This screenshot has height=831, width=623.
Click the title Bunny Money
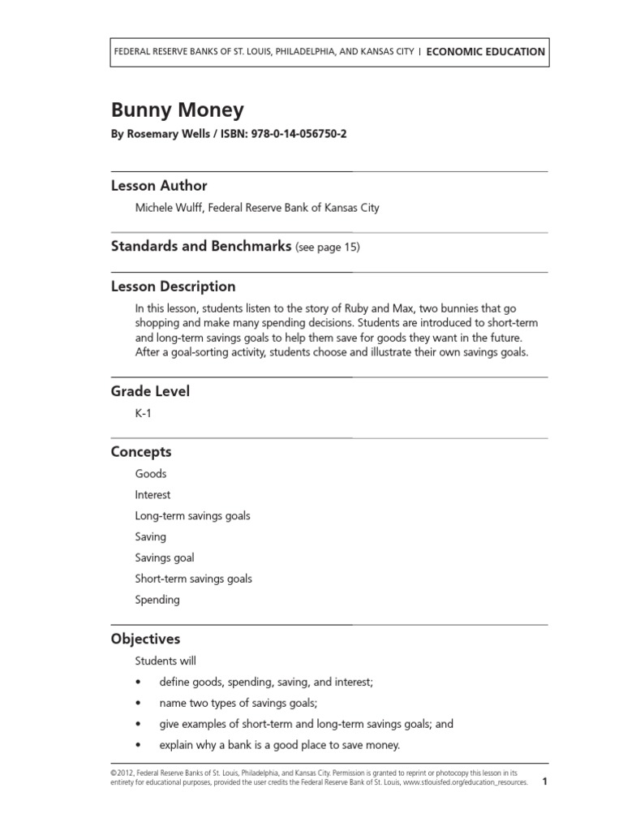177,110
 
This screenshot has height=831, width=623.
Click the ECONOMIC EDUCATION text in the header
485,51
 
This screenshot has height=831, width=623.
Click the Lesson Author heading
159,186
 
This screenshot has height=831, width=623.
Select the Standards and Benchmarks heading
200,247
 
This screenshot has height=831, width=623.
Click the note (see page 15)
328,248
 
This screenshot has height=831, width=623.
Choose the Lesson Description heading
173,286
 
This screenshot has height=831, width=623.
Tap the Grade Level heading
150,391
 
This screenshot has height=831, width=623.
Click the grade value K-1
144,413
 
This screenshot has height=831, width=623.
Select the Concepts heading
141,452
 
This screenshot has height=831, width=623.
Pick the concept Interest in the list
153,494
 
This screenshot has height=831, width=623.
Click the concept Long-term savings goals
193,515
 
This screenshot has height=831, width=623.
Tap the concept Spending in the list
157,600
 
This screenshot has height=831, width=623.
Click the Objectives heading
145,639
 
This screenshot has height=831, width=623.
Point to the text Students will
165,661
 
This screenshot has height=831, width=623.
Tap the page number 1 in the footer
545,782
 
